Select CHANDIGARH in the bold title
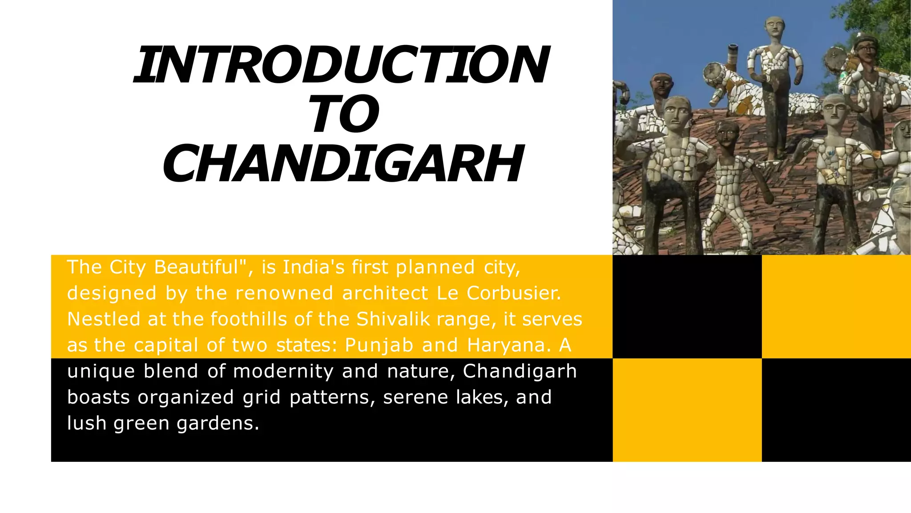coord(343,164)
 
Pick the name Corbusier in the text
coord(514,293)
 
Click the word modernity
coord(283,371)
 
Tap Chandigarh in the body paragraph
coord(520,371)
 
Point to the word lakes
coord(483,397)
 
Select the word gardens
coord(218,423)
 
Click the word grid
coord(262,397)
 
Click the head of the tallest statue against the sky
coord(775,28)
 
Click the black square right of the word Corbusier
coord(687,306)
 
